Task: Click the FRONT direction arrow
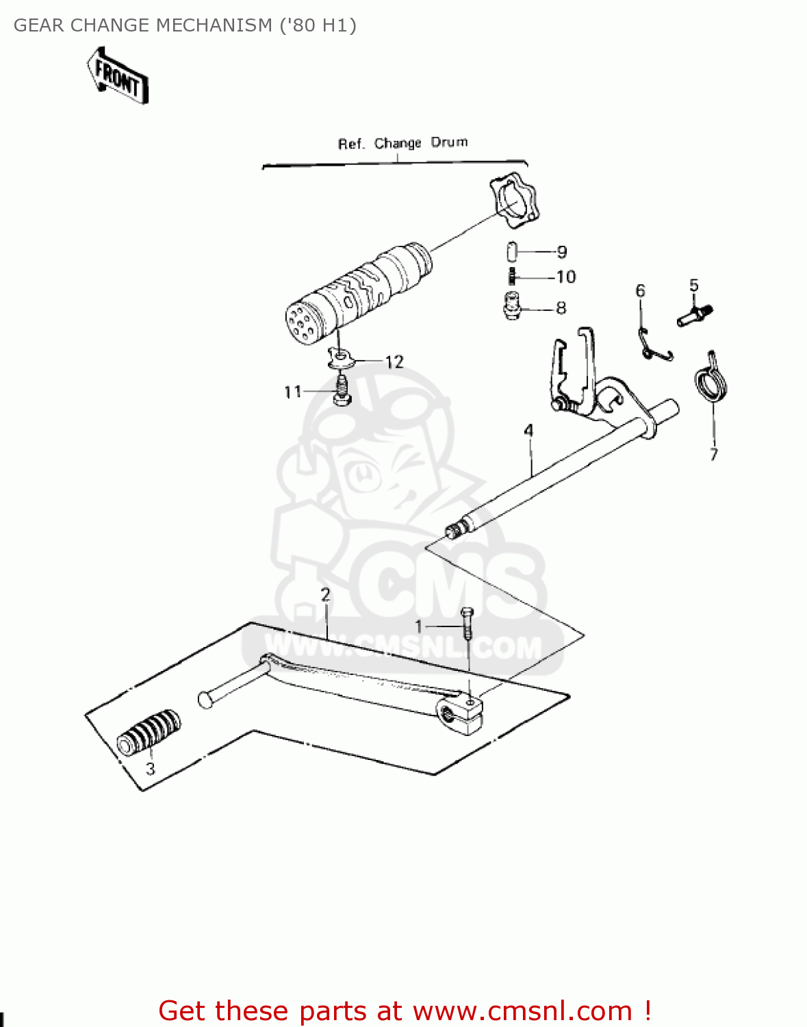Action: pos(118,76)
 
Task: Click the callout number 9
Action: pos(562,252)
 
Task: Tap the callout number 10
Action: pos(566,277)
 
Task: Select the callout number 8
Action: pos(561,308)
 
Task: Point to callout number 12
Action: pos(394,362)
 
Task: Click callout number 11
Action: pos(292,392)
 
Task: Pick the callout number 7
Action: pos(714,455)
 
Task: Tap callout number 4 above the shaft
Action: pos(528,431)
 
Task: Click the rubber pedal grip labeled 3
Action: pos(149,732)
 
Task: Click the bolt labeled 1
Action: pos(467,624)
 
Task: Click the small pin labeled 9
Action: pos(512,251)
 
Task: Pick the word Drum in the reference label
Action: pos(450,142)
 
